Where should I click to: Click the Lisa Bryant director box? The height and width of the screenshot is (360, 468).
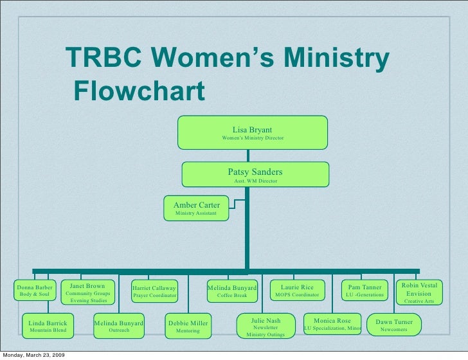click(x=252, y=133)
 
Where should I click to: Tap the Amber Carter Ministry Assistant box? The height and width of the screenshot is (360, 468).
click(x=197, y=208)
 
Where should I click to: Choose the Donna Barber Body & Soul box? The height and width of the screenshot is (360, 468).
click(x=35, y=291)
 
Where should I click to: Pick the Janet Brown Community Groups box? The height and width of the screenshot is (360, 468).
click(x=88, y=292)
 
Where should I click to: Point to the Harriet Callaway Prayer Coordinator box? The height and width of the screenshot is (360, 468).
click(x=154, y=291)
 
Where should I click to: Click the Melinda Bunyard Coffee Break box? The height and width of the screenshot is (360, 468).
click(x=232, y=291)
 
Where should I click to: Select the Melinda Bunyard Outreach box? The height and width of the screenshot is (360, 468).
click(x=118, y=325)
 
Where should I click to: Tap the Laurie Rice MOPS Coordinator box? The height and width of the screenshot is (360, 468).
click(x=297, y=291)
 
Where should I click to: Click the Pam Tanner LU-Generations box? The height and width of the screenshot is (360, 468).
click(x=364, y=291)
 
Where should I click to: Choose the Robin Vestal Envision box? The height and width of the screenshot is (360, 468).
click(x=419, y=292)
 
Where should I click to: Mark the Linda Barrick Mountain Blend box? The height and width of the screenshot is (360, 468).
click(x=48, y=325)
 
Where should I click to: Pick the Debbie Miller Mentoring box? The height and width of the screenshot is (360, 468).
click(x=188, y=326)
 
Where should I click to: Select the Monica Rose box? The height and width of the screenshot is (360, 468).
click(x=332, y=325)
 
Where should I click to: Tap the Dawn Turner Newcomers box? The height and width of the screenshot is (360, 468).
click(x=393, y=325)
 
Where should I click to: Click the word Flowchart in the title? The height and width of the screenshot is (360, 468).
click(x=139, y=91)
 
